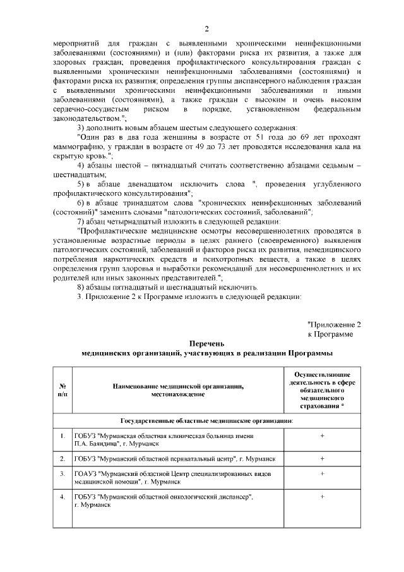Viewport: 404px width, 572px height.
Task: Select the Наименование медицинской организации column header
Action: pyautogui.click(x=178, y=389)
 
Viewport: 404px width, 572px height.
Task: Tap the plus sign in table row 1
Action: pyautogui.click(x=322, y=436)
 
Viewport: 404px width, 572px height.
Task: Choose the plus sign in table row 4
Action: pyautogui.click(x=322, y=497)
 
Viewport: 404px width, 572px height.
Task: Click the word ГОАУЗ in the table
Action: pyautogui.click(x=85, y=473)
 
